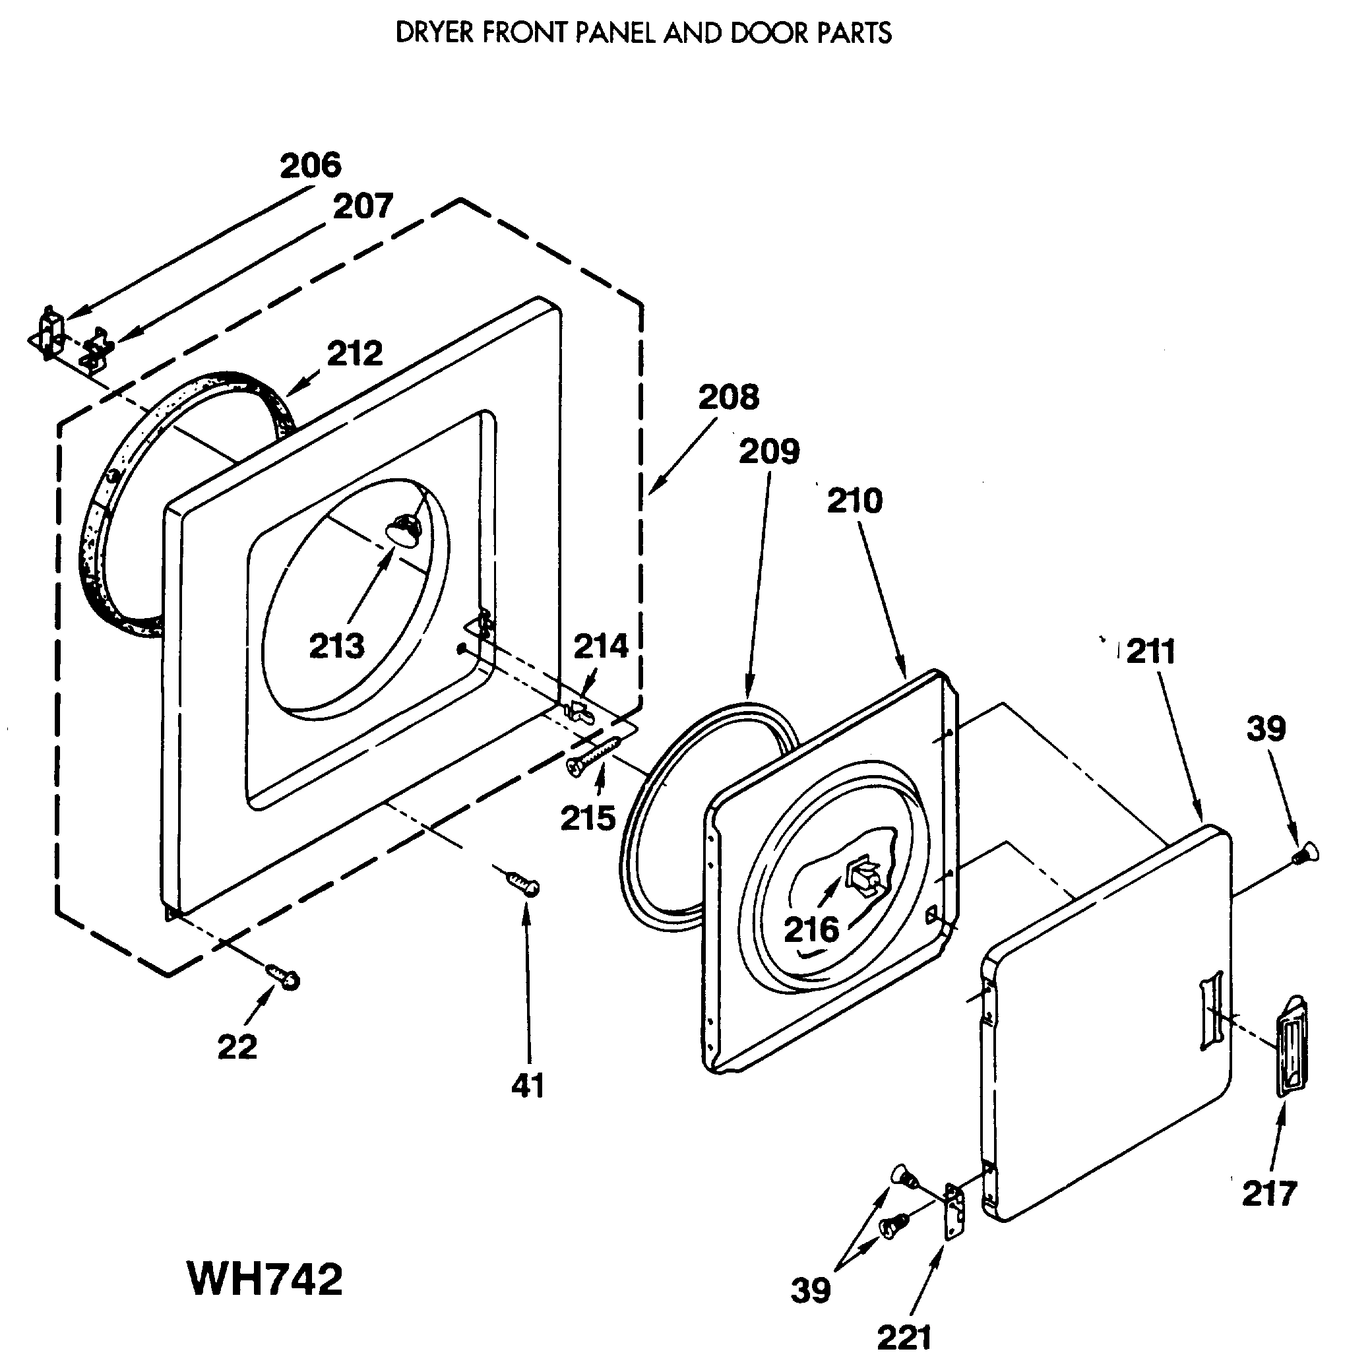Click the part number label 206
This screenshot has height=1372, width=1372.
pyautogui.click(x=310, y=166)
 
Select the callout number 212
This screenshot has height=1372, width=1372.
pyautogui.click(x=354, y=353)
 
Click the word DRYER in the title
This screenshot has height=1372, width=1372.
pyautogui.click(x=434, y=33)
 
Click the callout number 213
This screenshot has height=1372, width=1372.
pyautogui.click(x=336, y=646)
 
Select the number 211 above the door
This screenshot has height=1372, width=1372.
pyautogui.click(x=1150, y=650)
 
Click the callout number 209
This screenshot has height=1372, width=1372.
pyautogui.click(x=769, y=451)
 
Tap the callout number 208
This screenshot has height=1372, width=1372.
pyautogui.click(x=729, y=397)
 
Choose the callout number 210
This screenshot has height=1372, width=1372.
pyautogui.click(x=854, y=501)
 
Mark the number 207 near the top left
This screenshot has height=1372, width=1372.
pyautogui.click(x=363, y=206)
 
